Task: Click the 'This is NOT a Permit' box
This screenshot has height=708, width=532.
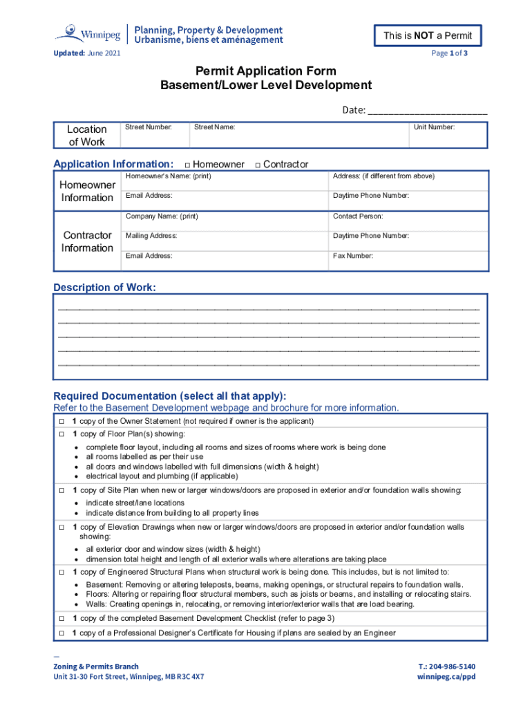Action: click(x=427, y=36)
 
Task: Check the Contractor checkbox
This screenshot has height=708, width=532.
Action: click(x=257, y=165)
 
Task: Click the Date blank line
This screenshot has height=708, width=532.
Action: click(x=427, y=111)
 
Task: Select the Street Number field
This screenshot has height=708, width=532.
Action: click(x=155, y=135)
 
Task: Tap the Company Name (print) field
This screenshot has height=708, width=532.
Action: click(x=225, y=221)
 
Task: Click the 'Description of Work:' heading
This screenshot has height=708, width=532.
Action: click(x=105, y=288)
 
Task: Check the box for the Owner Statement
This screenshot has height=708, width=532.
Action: click(x=61, y=421)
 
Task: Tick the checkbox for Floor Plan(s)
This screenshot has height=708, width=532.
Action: click(x=61, y=434)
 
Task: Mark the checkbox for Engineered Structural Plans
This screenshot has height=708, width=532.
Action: click(x=61, y=572)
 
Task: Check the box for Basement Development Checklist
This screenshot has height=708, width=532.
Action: click(x=61, y=617)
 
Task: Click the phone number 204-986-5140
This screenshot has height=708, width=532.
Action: click(x=446, y=667)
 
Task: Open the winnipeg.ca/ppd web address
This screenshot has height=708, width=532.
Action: click(x=446, y=677)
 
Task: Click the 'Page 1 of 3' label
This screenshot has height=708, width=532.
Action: click(x=449, y=53)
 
